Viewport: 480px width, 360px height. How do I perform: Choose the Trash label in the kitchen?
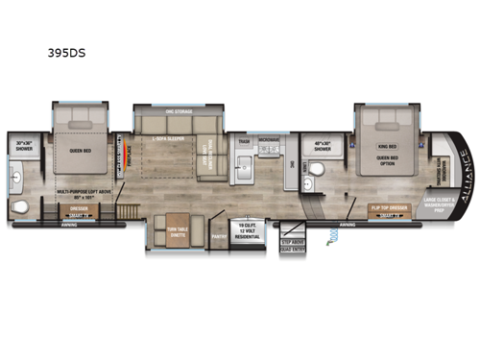[x=244, y=140]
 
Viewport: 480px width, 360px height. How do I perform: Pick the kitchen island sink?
[x=245, y=172]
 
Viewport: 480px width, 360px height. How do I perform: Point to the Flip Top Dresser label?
[x=390, y=206]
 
